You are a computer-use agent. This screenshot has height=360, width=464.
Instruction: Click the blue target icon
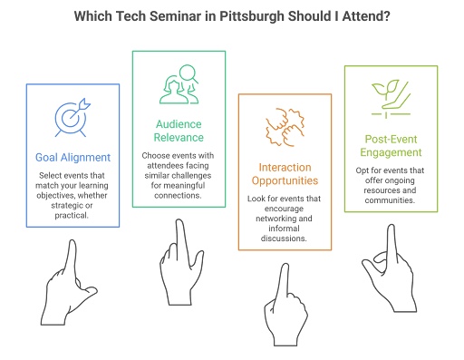click(72, 117)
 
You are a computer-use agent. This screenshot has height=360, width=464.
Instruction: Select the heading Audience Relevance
click(178, 133)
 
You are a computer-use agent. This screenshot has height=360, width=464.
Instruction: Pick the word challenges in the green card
click(198, 177)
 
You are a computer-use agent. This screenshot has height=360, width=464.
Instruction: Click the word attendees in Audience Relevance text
click(163, 166)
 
